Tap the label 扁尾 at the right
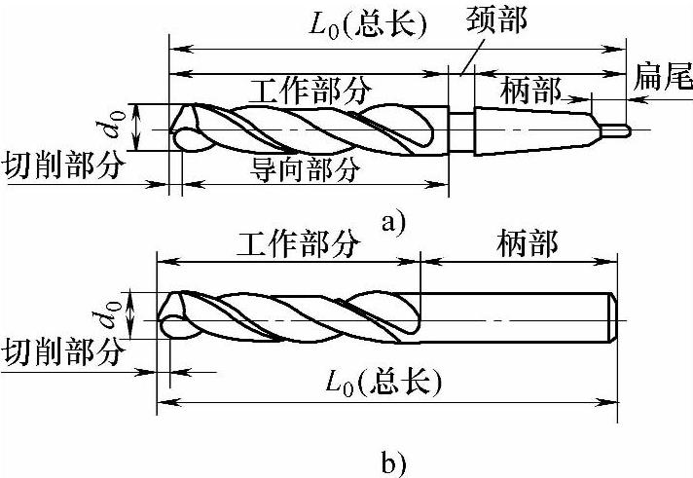[x=661, y=73]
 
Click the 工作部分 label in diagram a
[x=310, y=91]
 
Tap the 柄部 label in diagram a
[x=531, y=92]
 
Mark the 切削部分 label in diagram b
[x=64, y=350]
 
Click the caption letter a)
[x=393, y=222]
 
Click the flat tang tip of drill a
[x=619, y=128]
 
